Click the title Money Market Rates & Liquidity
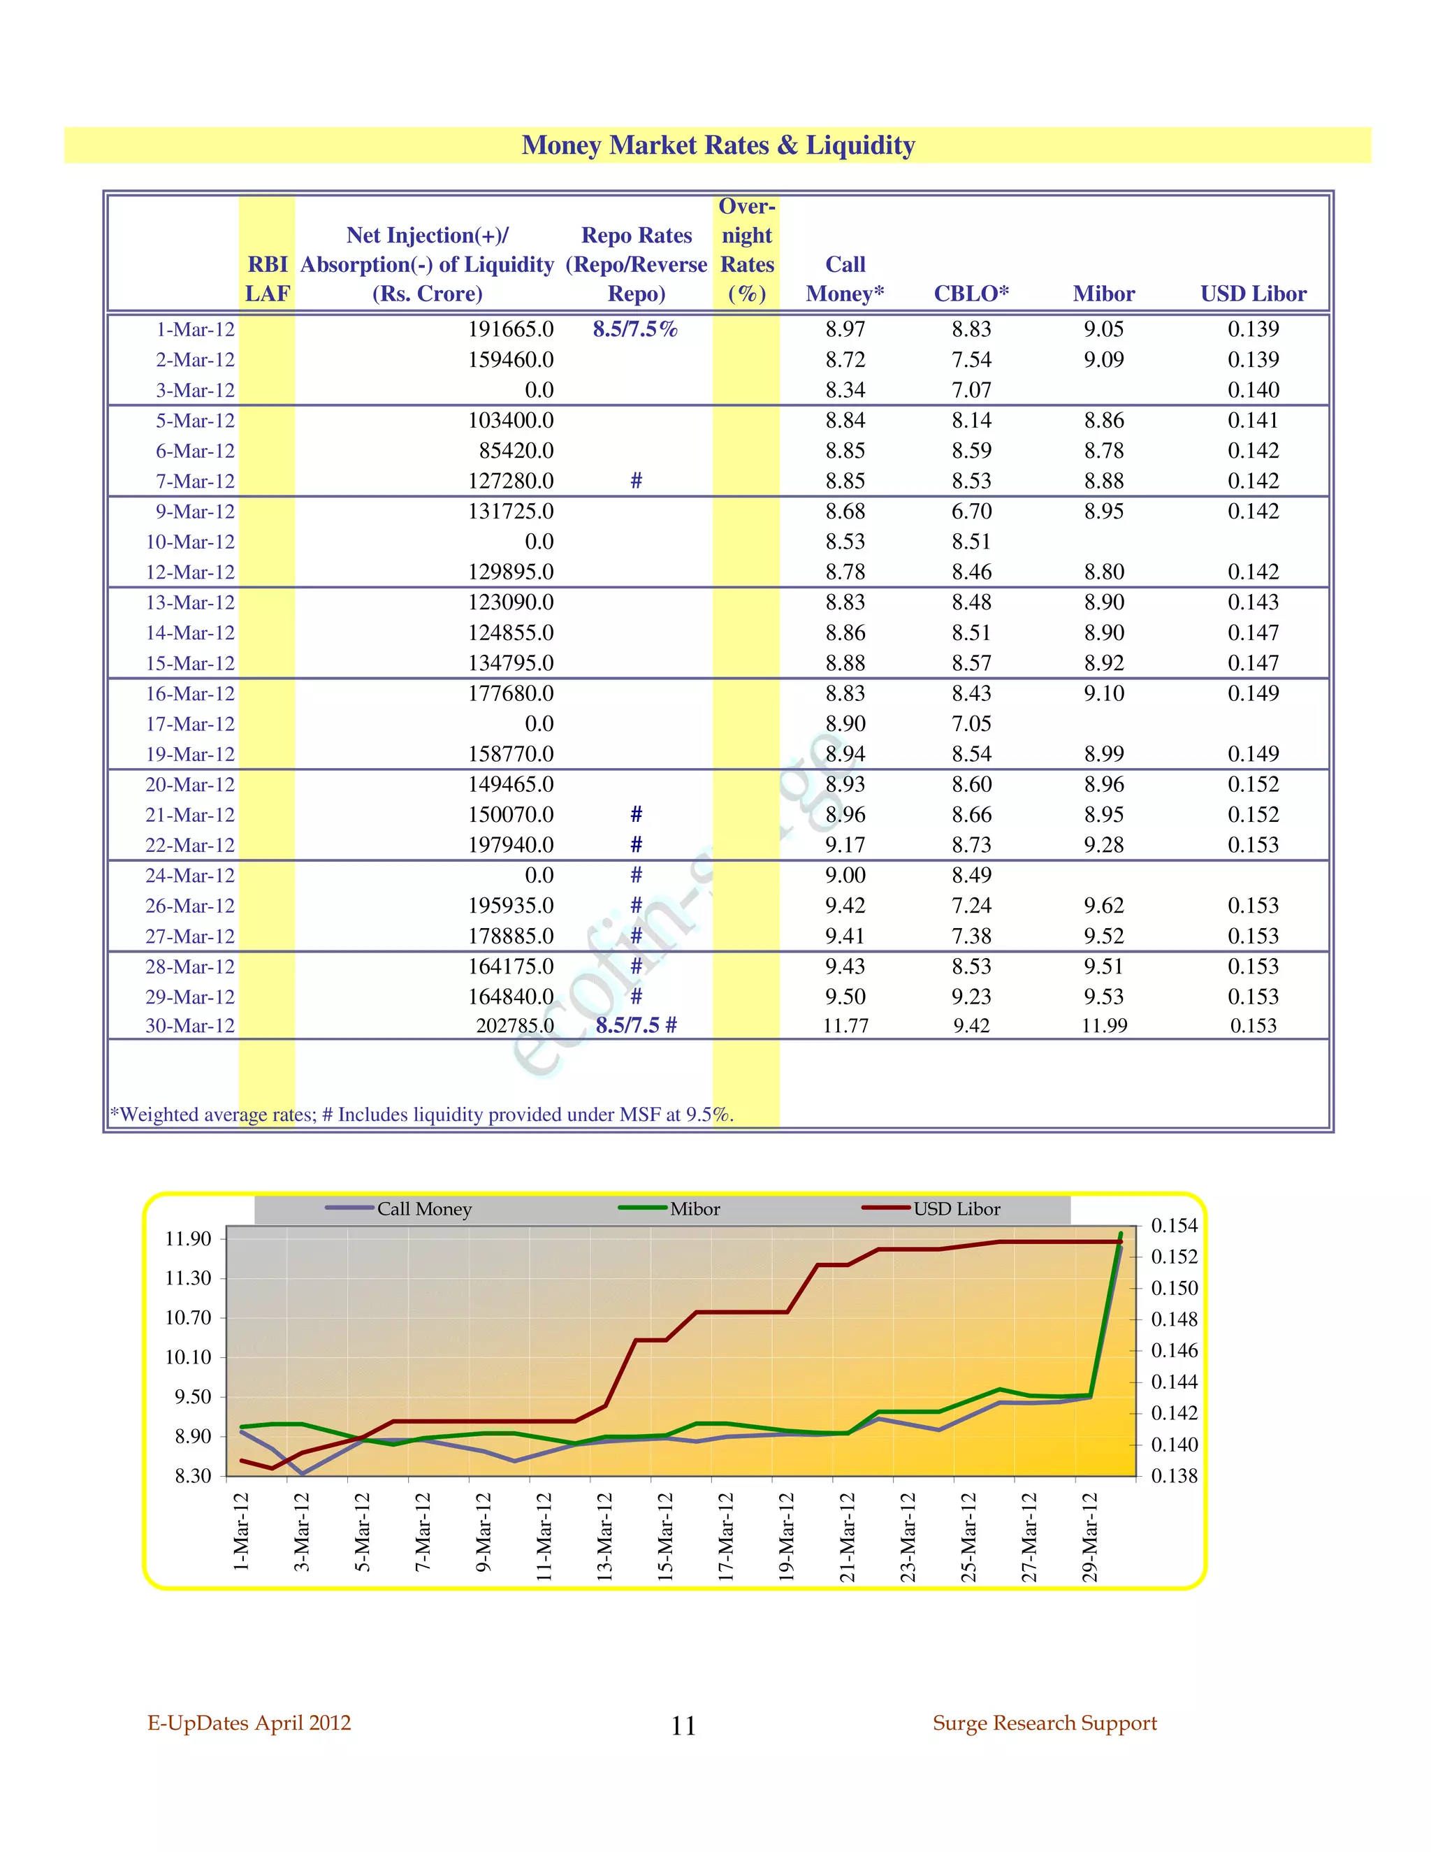coord(718,145)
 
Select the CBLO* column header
coord(971,294)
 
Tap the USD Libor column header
coord(1253,294)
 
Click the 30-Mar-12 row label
coord(189,1026)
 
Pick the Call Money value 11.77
coord(845,1026)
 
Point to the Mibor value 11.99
coord(1104,1026)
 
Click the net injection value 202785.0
coord(514,1026)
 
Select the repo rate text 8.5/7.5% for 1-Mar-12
coord(635,329)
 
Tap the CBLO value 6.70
coord(971,512)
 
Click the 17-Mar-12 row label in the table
coord(189,724)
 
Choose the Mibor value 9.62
coord(1104,906)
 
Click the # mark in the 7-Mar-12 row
coord(636,481)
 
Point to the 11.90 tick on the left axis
coord(187,1239)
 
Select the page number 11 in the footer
coord(683,1726)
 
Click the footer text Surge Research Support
coord(1045,1723)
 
